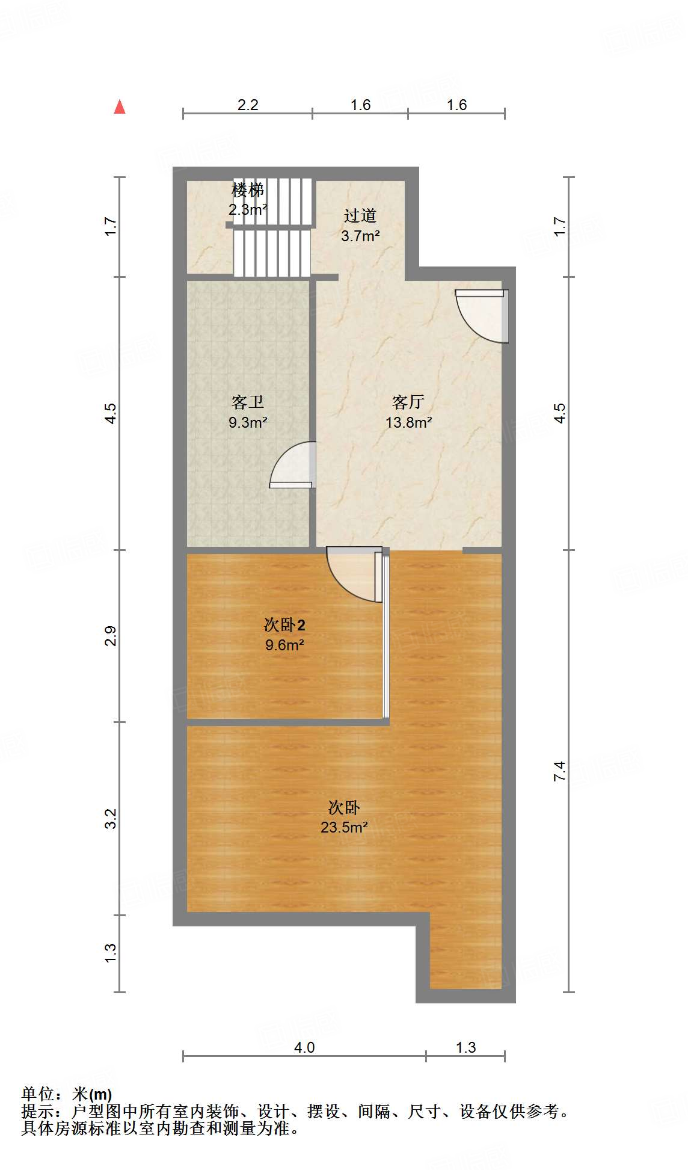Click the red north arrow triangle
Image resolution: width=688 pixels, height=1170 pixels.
pyautogui.click(x=120, y=107)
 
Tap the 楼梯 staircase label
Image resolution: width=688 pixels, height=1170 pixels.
pyautogui.click(x=248, y=190)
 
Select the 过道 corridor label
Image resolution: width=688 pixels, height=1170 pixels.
pyautogui.click(x=360, y=215)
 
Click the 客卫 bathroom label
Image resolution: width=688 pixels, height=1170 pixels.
pyautogui.click(x=248, y=402)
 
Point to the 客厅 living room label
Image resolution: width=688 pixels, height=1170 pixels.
pyautogui.click(x=408, y=402)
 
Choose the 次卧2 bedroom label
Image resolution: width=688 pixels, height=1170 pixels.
pyautogui.click(x=284, y=625)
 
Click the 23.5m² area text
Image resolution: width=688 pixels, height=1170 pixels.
pyautogui.click(x=344, y=827)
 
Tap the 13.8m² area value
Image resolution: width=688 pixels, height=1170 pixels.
pyautogui.click(x=408, y=422)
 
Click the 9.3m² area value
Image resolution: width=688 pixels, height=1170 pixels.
pyautogui.click(x=248, y=422)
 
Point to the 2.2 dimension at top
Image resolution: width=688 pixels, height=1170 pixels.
pyautogui.click(x=248, y=105)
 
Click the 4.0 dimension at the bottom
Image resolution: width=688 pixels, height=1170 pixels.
pyautogui.click(x=304, y=1047)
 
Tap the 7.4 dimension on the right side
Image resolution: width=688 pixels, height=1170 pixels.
pyautogui.click(x=559, y=771)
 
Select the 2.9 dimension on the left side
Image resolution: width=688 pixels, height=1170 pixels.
pyautogui.click(x=110, y=636)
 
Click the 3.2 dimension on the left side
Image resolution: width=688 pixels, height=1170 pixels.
pyautogui.click(x=110, y=819)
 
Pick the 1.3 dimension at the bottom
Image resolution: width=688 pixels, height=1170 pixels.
pyautogui.click(x=465, y=1047)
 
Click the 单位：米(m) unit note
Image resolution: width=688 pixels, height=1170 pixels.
pyautogui.click(x=67, y=1094)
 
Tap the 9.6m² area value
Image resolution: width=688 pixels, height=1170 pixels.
pyautogui.click(x=284, y=645)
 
